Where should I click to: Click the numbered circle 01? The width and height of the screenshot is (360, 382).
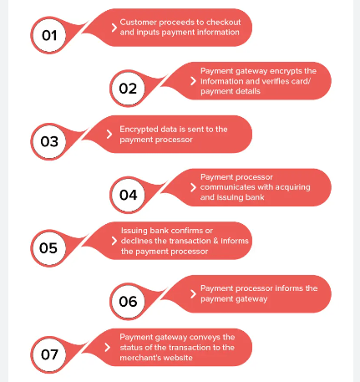(x=49, y=35)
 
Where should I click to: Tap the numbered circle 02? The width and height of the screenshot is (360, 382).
(x=128, y=89)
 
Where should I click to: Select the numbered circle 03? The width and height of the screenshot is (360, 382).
(x=49, y=142)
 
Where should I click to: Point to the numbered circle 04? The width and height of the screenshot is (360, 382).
(x=128, y=195)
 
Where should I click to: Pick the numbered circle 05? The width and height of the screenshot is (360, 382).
(x=49, y=248)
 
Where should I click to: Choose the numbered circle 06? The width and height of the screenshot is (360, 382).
(x=128, y=302)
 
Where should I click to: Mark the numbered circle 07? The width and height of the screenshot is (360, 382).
(x=49, y=354)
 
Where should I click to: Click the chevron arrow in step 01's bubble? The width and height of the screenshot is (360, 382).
(x=114, y=28)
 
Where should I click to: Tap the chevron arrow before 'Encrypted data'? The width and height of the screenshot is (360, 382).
(x=109, y=134)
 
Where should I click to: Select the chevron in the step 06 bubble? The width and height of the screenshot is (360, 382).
(x=193, y=293)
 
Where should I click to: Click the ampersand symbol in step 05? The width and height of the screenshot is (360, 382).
(x=215, y=241)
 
